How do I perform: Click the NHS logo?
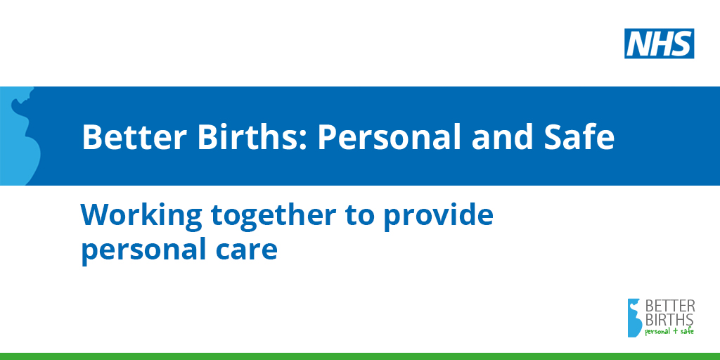659,44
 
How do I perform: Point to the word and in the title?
499,137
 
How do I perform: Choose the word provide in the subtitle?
439,216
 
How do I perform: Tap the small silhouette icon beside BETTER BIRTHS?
635,318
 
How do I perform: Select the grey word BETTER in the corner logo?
670,306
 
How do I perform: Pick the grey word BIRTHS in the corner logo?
670,319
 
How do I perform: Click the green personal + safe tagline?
669,331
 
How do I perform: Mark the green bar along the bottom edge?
360,356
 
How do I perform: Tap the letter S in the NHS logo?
681,44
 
